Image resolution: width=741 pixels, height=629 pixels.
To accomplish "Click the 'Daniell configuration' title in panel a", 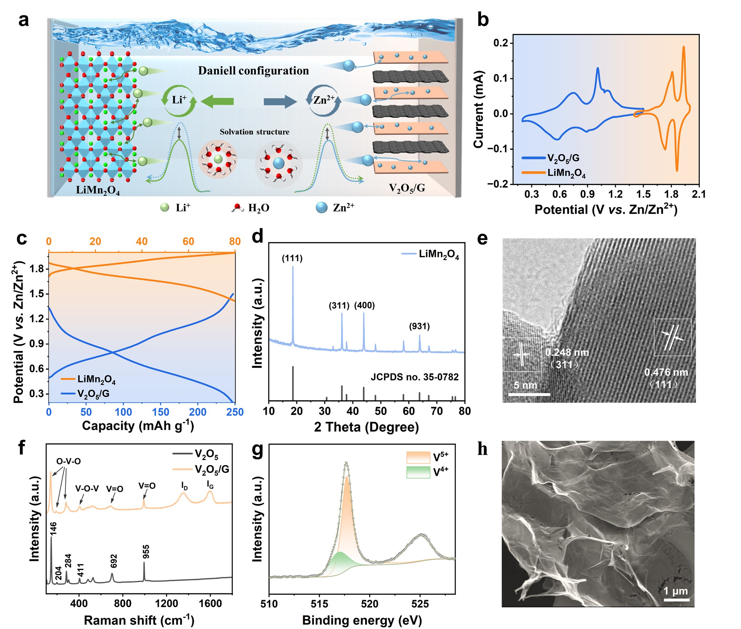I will point(253,71).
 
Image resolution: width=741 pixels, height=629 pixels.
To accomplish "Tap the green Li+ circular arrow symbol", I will point(179,100).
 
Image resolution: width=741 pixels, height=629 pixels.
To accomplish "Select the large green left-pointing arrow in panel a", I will point(217,102).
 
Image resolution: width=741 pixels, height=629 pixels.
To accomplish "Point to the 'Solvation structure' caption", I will point(254,132).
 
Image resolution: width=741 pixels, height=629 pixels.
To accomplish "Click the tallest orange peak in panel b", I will point(684,47).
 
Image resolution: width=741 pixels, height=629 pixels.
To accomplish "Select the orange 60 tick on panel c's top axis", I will point(188,241).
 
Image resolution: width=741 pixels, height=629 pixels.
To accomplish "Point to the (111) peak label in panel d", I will point(292,258).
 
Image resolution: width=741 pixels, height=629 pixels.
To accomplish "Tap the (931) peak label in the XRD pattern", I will point(420,326).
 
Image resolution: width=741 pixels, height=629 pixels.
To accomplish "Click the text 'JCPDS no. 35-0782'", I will point(415,377).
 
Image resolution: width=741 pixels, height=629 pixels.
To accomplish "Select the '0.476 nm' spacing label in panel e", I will point(666,372).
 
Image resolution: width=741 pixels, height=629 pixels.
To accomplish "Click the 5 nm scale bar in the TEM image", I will point(529,394).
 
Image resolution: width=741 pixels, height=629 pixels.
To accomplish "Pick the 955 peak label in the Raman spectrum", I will point(145,552).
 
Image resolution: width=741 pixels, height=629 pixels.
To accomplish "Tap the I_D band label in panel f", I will point(184,485).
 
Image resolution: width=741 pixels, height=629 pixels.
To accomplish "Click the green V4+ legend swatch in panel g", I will point(418,472).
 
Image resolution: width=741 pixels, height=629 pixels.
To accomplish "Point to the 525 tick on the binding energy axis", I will point(420,604).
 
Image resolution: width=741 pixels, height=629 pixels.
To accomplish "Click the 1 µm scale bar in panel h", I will point(676,600).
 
